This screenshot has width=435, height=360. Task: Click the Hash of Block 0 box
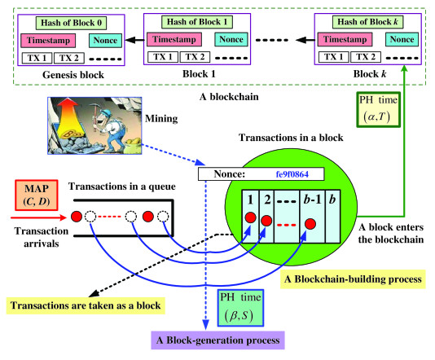tap(71, 23)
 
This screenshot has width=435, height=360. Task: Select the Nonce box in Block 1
tap(231, 39)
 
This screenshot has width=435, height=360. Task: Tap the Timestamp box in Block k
tap(345, 39)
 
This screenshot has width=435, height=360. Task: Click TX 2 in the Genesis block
tap(69, 58)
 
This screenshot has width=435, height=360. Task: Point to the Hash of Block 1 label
tap(197, 22)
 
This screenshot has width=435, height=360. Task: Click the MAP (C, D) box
tap(37, 195)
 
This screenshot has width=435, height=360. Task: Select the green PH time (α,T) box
tap(379, 109)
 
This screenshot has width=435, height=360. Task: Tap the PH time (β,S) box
tap(240, 308)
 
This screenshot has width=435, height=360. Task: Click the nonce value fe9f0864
tap(292, 174)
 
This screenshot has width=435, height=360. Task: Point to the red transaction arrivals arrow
tap(38, 217)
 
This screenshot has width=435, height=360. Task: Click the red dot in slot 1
tap(251, 217)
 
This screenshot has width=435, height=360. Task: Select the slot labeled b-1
tap(312, 217)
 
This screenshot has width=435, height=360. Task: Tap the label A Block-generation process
tap(217, 340)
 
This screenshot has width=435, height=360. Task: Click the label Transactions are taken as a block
tap(86, 305)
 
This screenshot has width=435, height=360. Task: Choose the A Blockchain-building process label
tap(353, 279)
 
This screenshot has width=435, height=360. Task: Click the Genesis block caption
tap(73, 75)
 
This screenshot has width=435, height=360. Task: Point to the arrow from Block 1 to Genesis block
tap(134, 40)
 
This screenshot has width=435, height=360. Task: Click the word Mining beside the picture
tap(161, 119)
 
